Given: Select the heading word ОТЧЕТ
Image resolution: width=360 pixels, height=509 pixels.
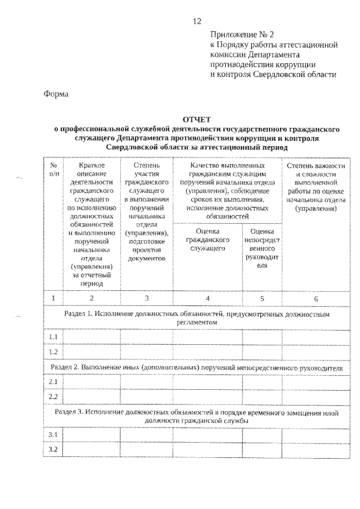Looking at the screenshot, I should [196, 119].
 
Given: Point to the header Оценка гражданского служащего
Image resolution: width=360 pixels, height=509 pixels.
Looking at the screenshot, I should [208, 239].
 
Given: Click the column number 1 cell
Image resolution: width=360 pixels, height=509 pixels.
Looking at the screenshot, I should [53, 298].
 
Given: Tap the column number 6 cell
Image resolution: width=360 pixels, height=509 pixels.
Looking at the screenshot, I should [316, 298].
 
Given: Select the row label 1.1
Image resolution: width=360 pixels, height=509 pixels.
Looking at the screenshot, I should [53, 336].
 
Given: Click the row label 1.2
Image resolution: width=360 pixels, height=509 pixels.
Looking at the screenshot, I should [53, 352].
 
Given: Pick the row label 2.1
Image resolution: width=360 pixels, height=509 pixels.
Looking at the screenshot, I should [53, 381].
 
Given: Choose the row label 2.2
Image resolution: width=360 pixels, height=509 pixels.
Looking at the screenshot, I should [53, 397].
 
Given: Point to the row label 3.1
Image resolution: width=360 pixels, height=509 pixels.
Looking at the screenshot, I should [53, 435].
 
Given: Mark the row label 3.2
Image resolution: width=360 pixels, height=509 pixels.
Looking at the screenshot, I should [53, 450].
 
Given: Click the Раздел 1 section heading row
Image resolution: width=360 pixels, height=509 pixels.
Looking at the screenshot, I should [196, 318].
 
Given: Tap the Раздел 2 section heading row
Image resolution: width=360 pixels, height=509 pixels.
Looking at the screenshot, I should [196, 367].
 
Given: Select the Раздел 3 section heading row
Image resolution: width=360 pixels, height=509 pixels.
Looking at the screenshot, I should [196, 416].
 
